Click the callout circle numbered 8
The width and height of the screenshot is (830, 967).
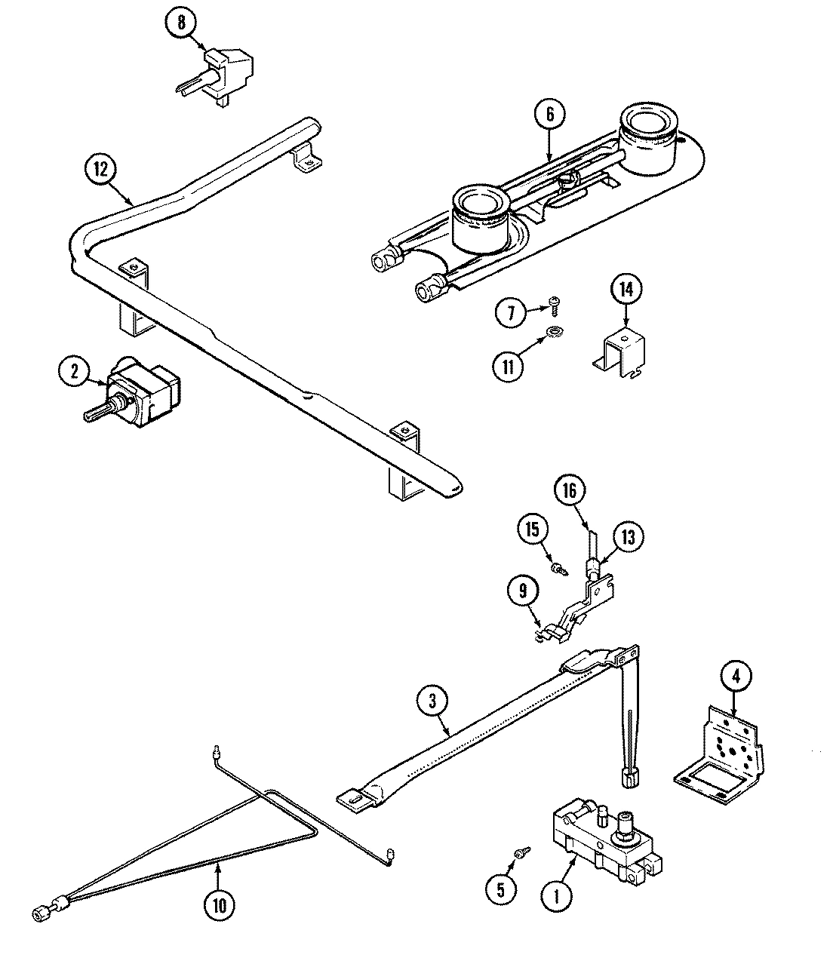pyautogui.click(x=181, y=23)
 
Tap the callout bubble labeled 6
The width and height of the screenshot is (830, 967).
pyautogui.click(x=549, y=115)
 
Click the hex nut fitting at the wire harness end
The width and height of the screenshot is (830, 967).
pyautogui.click(x=41, y=914)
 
